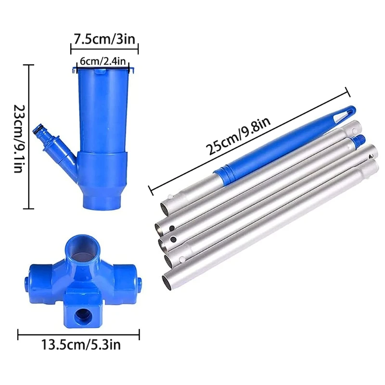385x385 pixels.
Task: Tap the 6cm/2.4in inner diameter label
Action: [103, 61]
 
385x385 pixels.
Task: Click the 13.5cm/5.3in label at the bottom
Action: [81, 345]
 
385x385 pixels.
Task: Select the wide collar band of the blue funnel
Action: [103, 166]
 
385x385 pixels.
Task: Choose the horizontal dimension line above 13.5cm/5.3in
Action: [79, 333]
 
